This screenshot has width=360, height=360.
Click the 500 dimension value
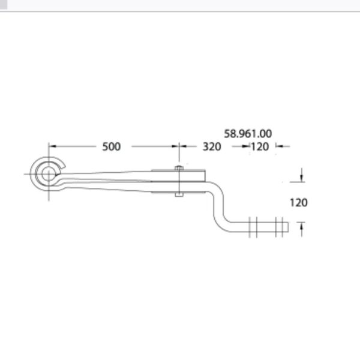112,147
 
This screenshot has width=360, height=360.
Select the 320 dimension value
212,147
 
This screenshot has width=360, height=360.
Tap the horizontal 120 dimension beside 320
260,147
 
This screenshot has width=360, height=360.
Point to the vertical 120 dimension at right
298,203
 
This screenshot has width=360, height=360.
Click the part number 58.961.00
248,134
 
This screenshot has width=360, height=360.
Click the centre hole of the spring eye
48,174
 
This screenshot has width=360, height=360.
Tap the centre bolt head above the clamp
179,168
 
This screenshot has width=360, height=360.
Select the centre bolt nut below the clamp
179,194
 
